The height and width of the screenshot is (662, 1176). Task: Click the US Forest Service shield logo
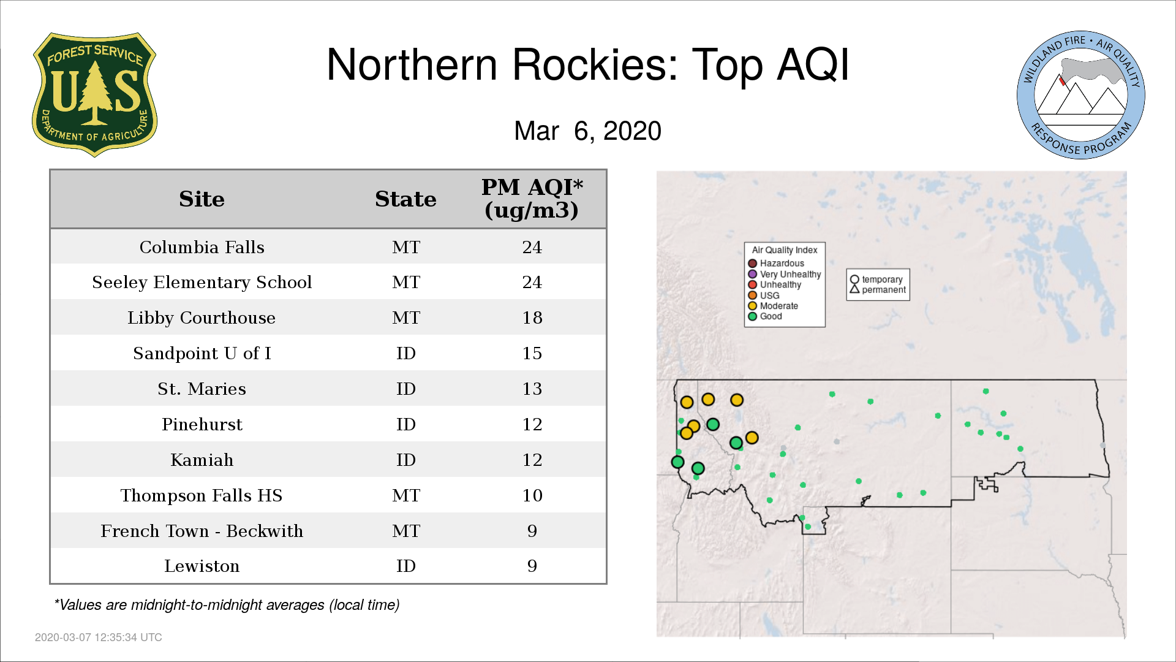click(94, 95)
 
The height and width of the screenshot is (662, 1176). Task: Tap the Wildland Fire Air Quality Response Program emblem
click(1081, 95)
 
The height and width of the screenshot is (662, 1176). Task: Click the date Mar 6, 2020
click(588, 131)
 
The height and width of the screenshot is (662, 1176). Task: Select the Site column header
click(202, 199)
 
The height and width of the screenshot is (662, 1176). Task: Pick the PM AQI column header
click(532, 199)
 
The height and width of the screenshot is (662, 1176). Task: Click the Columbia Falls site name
click(202, 247)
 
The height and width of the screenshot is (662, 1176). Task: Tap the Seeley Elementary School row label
click(202, 282)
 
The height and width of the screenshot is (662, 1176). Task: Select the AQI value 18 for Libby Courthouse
click(532, 318)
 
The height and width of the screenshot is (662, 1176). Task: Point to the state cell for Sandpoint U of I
click(405, 353)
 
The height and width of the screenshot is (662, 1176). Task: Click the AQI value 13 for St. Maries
click(532, 389)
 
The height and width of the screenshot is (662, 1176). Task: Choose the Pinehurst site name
click(202, 424)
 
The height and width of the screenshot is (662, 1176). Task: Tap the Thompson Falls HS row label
click(202, 495)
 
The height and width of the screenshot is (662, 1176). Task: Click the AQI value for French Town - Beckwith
click(532, 531)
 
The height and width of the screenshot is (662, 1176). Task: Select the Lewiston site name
click(202, 566)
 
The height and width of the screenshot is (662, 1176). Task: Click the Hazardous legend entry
click(776, 264)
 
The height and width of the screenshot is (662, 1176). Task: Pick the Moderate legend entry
click(773, 306)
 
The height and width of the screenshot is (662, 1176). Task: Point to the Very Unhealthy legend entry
click(785, 274)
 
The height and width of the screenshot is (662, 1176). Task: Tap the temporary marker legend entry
click(876, 280)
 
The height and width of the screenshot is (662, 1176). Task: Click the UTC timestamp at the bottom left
click(99, 637)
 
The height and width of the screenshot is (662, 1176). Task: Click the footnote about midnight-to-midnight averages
click(227, 605)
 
